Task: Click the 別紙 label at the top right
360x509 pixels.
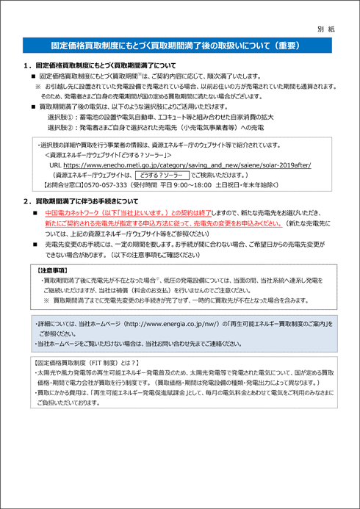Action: point(325,29)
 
